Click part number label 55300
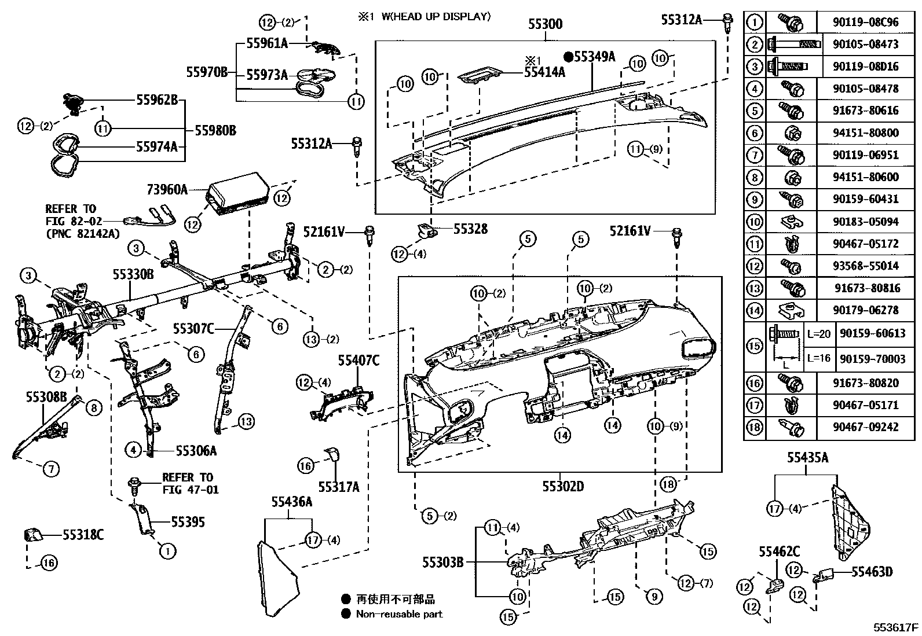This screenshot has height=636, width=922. click(x=545, y=25)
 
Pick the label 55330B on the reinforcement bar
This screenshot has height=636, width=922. click(x=133, y=274)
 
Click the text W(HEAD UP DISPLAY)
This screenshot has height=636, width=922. click(x=436, y=16)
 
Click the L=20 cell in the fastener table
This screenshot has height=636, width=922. click(x=818, y=334)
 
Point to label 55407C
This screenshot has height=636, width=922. click(x=358, y=361)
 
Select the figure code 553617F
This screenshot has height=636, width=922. click(x=896, y=627)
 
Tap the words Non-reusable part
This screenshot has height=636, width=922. click(x=399, y=614)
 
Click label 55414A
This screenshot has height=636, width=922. click(x=544, y=72)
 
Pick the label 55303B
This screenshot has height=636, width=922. click(x=442, y=561)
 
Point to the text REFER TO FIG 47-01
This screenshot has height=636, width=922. click(x=187, y=483)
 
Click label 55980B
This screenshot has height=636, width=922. click(x=215, y=130)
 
